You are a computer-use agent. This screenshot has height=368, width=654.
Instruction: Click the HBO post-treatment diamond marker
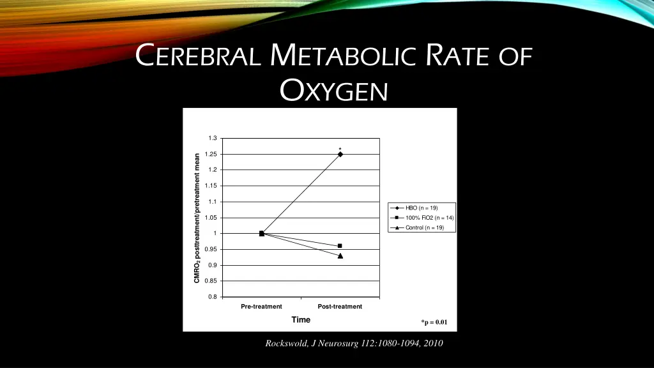coord(340,154)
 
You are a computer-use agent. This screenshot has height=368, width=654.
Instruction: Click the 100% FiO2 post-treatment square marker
coord(340,246)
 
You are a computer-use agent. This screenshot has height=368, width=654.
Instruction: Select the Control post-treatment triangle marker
coord(340,256)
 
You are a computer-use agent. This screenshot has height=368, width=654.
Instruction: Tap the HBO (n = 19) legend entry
coord(421,208)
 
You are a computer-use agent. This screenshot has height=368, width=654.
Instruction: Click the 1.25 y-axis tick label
coord(211,154)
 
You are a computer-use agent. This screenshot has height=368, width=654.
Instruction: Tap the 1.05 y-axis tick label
coord(211,218)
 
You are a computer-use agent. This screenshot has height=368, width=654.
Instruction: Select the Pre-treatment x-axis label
coord(261,307)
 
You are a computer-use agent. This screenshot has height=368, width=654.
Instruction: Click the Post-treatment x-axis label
coord(340,307)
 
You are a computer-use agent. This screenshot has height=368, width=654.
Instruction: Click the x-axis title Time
coord(301,320)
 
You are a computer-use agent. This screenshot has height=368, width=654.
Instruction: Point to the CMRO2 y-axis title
coord(197,217)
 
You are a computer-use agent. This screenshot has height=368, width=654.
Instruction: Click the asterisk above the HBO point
coord(340,149)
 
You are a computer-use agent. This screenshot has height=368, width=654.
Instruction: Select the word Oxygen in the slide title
coord(334,92)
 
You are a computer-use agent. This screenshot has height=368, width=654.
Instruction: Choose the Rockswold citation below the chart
coord(354,344)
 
